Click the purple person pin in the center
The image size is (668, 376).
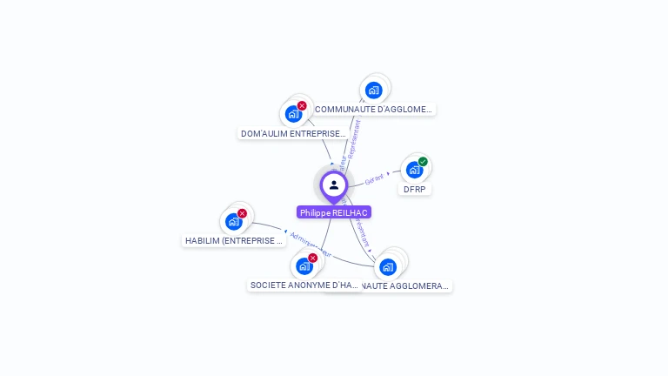coord(333,185)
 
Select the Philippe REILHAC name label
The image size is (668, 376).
coord(333,212)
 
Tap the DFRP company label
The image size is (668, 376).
coord(416,189)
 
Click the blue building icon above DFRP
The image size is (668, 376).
coord(414,169)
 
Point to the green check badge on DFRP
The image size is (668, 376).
coord(423,161)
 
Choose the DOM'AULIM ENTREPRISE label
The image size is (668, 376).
coord(293,134)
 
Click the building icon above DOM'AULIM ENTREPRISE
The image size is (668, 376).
coord(293,113)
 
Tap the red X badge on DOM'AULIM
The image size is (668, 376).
coord(302,105)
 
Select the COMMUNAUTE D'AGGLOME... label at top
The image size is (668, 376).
coord(373,110)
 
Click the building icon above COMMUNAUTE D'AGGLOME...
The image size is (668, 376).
coord(373,90)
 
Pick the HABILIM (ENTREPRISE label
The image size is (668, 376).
coord(234,240)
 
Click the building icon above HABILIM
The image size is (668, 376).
coord(233,221)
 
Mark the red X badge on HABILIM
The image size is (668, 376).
coord(242,213)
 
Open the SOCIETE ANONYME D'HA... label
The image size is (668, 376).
coord(304,285)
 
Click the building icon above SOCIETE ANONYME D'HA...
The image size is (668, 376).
coord(304,265)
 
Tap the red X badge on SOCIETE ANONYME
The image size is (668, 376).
coord(312,258)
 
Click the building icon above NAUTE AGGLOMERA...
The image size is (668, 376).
coord(388,266)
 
